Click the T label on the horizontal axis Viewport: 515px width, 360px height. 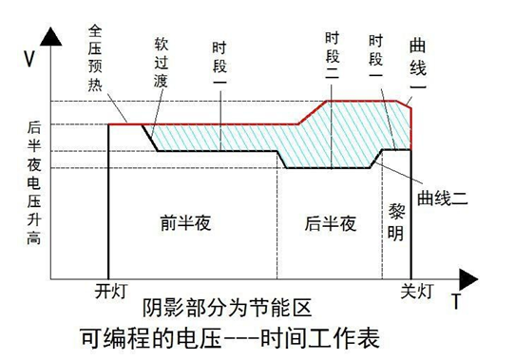point(456,302)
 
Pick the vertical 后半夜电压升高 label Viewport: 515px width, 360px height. point(35,180)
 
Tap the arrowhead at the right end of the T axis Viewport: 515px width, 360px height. point(473,277)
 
